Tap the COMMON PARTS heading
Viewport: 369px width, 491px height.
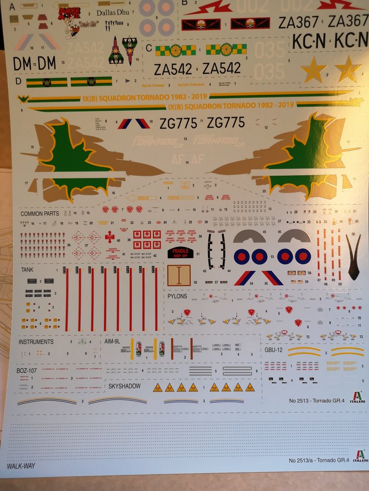click(40, 213)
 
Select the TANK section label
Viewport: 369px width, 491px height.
click(27, 270)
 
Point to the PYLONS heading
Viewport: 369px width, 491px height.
click(178, 296)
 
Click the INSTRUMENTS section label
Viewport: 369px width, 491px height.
click(36, 342)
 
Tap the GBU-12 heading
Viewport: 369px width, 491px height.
click(274, 350)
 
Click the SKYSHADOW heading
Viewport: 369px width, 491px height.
click(124, 386)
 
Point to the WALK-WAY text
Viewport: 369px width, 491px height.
click(21, 466)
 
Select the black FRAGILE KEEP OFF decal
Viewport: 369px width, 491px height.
click(181, 252)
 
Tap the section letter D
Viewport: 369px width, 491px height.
click(18, 81)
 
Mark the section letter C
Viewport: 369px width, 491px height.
click(148, 47)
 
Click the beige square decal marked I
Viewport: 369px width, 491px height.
click(178, 276)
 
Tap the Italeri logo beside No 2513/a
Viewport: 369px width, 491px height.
click(360, 456)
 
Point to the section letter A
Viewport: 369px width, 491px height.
click(12, 7)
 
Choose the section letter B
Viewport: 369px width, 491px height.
click(184, 3)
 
